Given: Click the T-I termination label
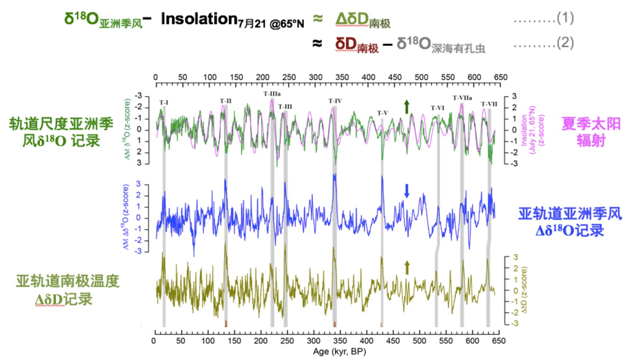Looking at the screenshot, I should [164, 102].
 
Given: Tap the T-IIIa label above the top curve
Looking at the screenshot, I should [272, 94].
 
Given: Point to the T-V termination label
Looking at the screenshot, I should [382, 113].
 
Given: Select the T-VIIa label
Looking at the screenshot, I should [462, 98].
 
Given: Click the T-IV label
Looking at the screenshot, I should [335, 101].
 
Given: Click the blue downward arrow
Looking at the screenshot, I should [406, 191].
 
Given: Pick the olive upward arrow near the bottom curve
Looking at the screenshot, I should [407, 268].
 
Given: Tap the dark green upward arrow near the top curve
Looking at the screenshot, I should [407, 107].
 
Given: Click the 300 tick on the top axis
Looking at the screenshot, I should [315, 77].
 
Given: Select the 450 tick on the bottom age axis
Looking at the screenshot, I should [393, 341].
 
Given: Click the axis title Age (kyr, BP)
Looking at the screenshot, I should [339, 351].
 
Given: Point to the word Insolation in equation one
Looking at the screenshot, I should [199, 19].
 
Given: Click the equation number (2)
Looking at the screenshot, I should [565, 43].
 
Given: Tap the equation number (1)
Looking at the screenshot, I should [565, 17].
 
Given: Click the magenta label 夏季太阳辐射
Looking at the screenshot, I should [591, 132].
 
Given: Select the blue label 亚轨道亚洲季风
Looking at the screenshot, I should [570, 214].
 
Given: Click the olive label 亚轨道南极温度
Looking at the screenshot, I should [67, 281].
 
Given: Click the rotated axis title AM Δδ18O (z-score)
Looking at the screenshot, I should [126, 217].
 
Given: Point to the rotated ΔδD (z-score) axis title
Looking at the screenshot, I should [524, 290].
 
